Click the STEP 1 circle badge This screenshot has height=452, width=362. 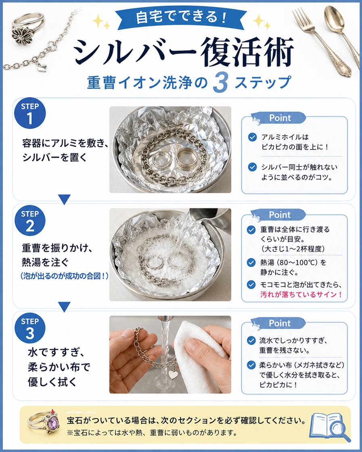(x=30, y=114)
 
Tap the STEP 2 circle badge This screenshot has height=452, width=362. (x=30, y=221)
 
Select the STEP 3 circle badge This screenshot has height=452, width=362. (x=30, y=328)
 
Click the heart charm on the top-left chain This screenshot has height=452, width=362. (x=42, y=68)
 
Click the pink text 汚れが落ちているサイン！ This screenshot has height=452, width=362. (x=301, y=294)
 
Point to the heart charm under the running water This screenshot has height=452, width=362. (x=173, y=375)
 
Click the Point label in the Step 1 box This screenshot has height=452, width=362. (x=280, y=118)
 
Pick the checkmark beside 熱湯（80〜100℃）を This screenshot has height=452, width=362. (x=251, y=262)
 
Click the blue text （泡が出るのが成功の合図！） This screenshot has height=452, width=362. (x=64, y=276)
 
